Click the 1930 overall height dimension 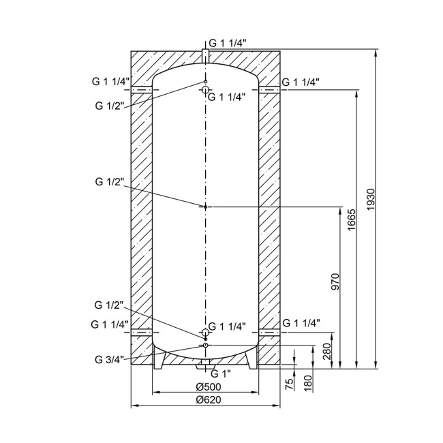(370, 200)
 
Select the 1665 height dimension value (351, 220)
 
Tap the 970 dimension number (335, 282)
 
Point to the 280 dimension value (327, 352)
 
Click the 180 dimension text (308, 383)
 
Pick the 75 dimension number (290, 384)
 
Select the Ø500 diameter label (209, 387)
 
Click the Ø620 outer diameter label (209, 400)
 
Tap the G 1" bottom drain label (221, 373)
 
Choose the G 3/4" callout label (110, 360)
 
